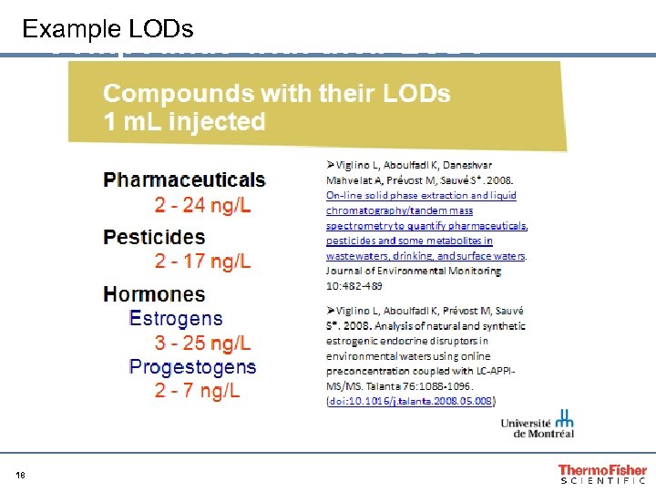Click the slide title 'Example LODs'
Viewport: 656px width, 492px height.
pos(108,29)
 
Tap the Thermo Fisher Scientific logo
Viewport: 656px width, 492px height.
pos(601,475)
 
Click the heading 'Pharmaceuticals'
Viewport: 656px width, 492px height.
pos(184,179)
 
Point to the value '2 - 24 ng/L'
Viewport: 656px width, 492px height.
pos(202,205)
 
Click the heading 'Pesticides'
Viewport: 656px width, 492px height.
pos(154,237)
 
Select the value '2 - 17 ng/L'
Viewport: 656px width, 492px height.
pos(202,262)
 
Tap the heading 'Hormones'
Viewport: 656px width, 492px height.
pos(154,294)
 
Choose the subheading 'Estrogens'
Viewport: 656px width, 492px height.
pos(176,319)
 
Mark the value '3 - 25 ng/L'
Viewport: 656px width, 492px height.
pos(202,343)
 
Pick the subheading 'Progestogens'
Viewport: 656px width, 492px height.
pos(192,367)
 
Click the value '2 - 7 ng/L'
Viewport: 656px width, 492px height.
pos(197,392)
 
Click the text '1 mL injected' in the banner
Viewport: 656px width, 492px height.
pos(184,122)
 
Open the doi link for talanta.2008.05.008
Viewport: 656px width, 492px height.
pos(410,400)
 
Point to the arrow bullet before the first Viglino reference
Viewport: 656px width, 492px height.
pos(332,165)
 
